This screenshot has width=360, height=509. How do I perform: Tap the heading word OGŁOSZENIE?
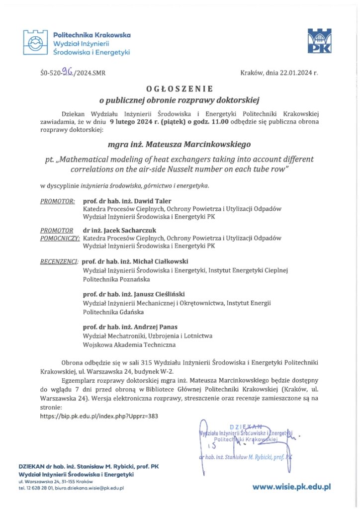(x=180, y=88)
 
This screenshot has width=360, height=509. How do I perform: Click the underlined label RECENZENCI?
(x=59, y=261)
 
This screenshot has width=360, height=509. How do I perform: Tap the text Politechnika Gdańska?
(x=113, y=312)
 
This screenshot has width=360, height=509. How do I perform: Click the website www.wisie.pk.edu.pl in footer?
(x=291, y=488)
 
